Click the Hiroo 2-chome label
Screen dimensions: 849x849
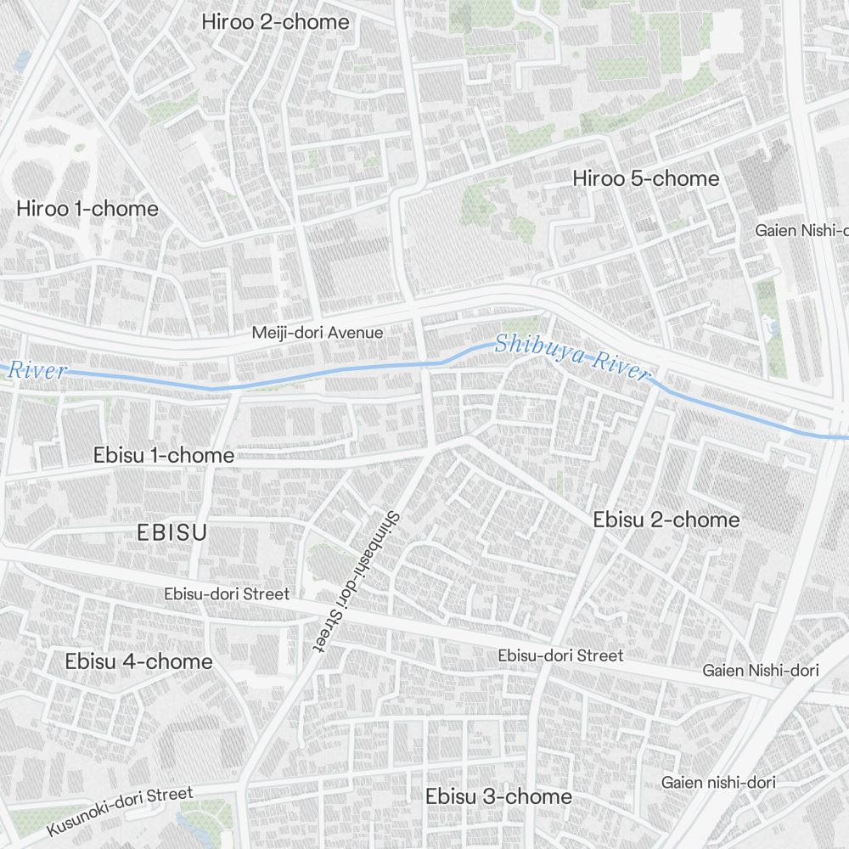tap(275, 22)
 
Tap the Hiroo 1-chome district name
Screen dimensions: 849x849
tap(87, 209)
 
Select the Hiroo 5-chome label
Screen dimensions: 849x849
tap(645, 179)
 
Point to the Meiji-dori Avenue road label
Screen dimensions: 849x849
tap(318, 333)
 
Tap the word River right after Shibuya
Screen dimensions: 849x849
tap(621, 365)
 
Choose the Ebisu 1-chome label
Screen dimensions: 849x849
tap(163, 456)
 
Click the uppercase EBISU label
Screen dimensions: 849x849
tap(171, 533)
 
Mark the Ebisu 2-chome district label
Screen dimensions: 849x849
tap(666, 520)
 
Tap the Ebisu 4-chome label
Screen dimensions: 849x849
tap(138, 661)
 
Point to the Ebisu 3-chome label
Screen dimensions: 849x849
tap(498, 797)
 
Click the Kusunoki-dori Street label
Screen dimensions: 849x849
tap(120, 810)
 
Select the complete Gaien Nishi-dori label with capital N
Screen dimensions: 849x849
tap(760, 671)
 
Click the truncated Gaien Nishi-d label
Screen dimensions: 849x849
tap(801, 230)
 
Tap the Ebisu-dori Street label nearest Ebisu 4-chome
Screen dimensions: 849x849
tap(227, 594)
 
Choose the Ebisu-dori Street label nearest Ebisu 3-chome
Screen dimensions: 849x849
tap(560, 655)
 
